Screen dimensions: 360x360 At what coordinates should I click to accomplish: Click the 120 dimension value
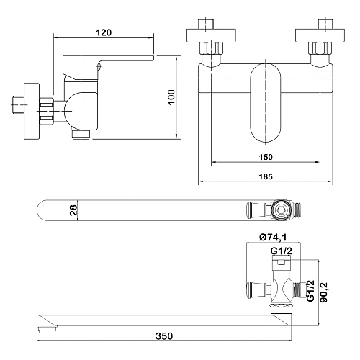(x=104, y=32)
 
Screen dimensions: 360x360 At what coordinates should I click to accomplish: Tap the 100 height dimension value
(x=171, y=97)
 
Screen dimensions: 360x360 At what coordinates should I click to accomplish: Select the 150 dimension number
(x=266, y=157)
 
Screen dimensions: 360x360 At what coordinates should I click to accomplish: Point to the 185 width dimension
(x=266, y=176)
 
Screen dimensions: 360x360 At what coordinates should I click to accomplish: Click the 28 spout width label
(x=73, y=210)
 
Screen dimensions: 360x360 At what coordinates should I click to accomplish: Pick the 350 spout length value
(x=164, y=336)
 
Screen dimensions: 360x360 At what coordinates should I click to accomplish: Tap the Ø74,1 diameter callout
(x=273, y=238)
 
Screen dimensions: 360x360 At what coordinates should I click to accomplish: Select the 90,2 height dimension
(x=324, y=292)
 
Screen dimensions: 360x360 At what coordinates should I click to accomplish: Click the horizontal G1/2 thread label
(x=282, y=251)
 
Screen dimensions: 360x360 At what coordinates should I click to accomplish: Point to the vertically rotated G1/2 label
(x=310, y=290)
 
